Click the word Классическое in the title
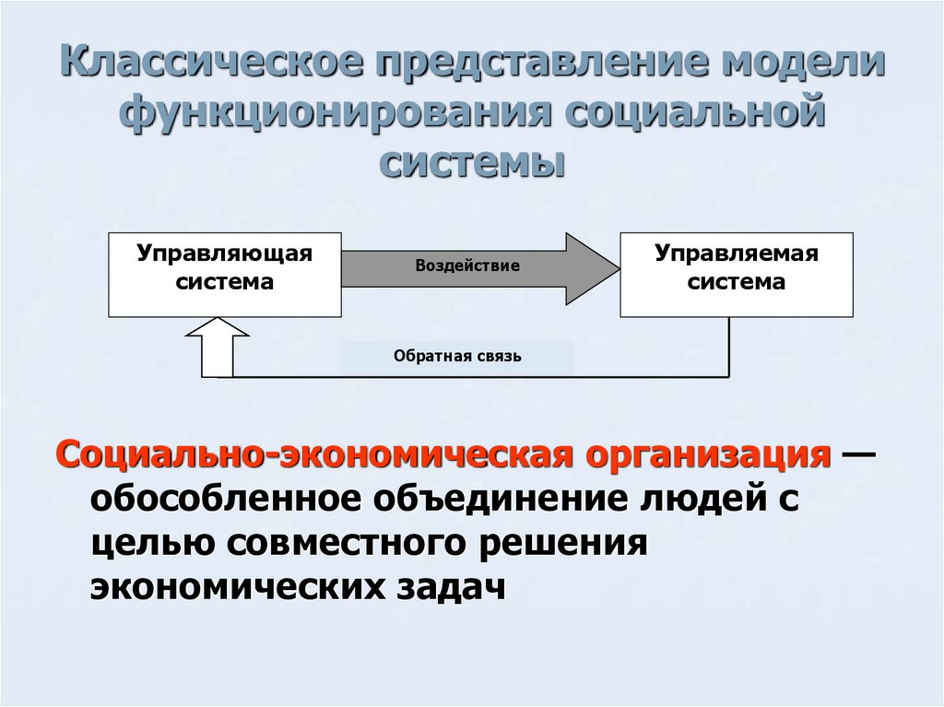pos(217,67)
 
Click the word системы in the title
pos(471,165)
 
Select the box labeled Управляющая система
pos(225,275)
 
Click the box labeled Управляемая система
pos(736,275)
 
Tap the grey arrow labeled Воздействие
pos(469,266)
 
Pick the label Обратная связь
pos(457,357)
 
